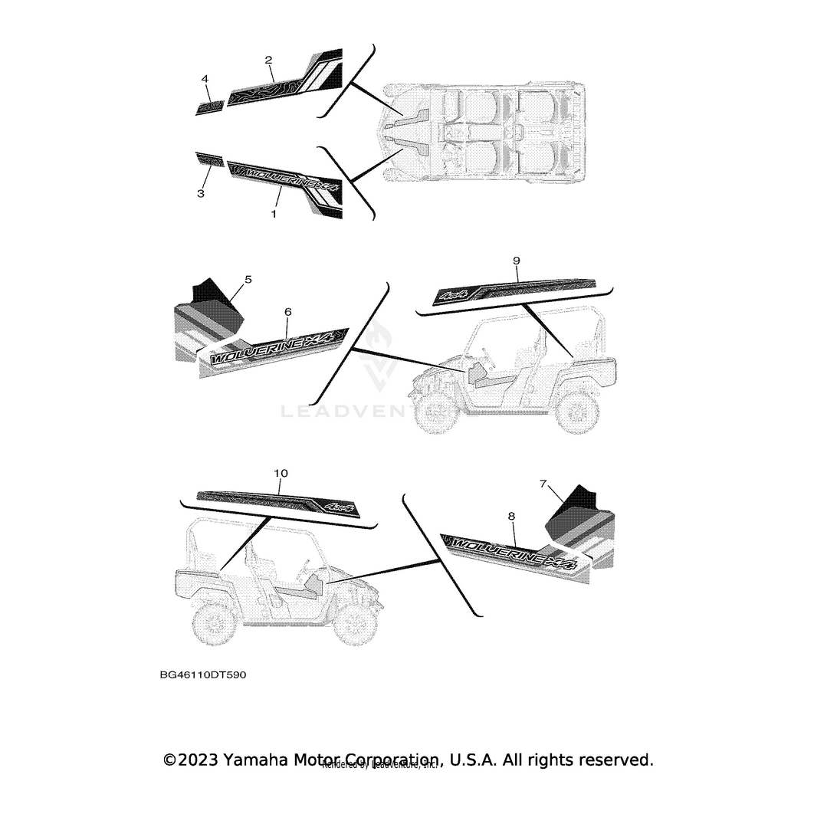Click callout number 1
click(x=273, y=215)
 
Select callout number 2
click(x=268, y=59)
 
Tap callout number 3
click(x=200, y=194)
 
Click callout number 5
click(x=248, y=280)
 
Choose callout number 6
click(x=287, y=312)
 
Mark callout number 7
click(x=543, y=484)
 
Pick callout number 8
click(x=511, y=517)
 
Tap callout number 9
click(x=516, y=261)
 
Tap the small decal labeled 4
click(x=210, y=107)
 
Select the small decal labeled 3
click(x=208, y=159)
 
